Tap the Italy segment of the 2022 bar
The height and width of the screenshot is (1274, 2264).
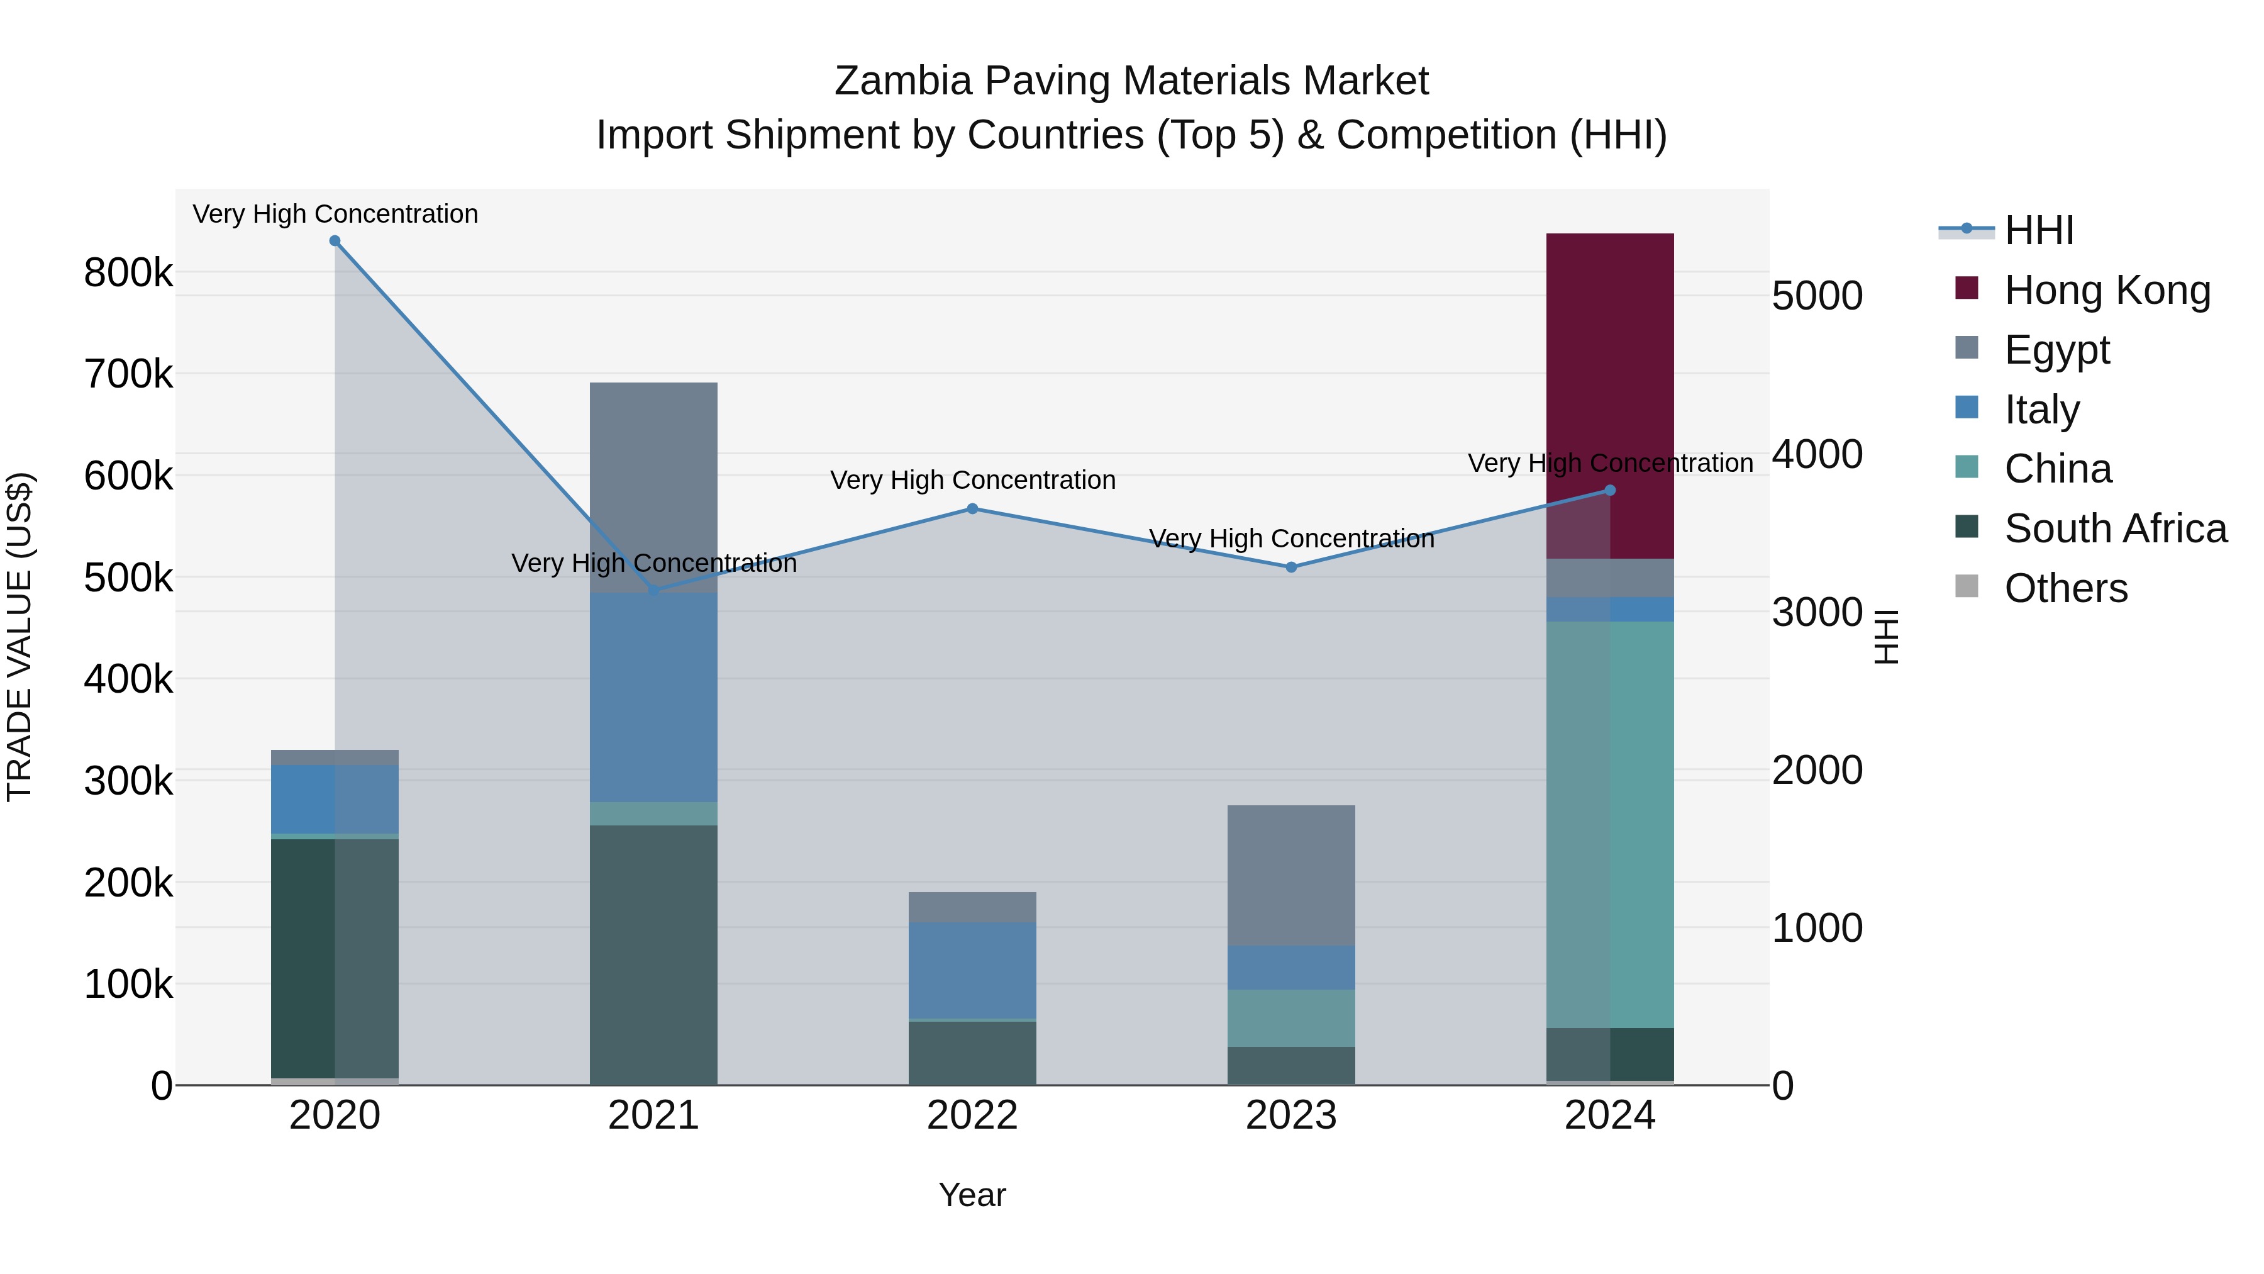point(972,969)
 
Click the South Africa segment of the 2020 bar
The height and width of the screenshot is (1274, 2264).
point(334,958)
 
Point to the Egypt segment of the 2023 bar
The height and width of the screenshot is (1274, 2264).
point(1290,875)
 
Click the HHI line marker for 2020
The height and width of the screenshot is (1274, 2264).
point(335,241)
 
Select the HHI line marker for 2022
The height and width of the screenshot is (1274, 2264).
point(972,509)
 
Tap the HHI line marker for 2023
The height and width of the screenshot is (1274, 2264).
point(1291,567)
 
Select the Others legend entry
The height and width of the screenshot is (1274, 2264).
point(2065,588)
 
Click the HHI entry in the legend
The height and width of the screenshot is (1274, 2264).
point(2038,230)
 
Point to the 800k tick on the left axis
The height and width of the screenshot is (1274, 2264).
point(128,272)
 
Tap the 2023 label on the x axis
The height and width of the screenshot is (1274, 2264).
point(1290,1115)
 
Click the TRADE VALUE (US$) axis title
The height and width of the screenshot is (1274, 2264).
point(20,637)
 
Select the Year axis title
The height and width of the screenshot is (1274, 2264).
point(972,1195)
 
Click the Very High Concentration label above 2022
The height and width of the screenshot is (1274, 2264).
point(972,480)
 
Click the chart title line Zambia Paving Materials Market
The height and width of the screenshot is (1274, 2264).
point(1131,81)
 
